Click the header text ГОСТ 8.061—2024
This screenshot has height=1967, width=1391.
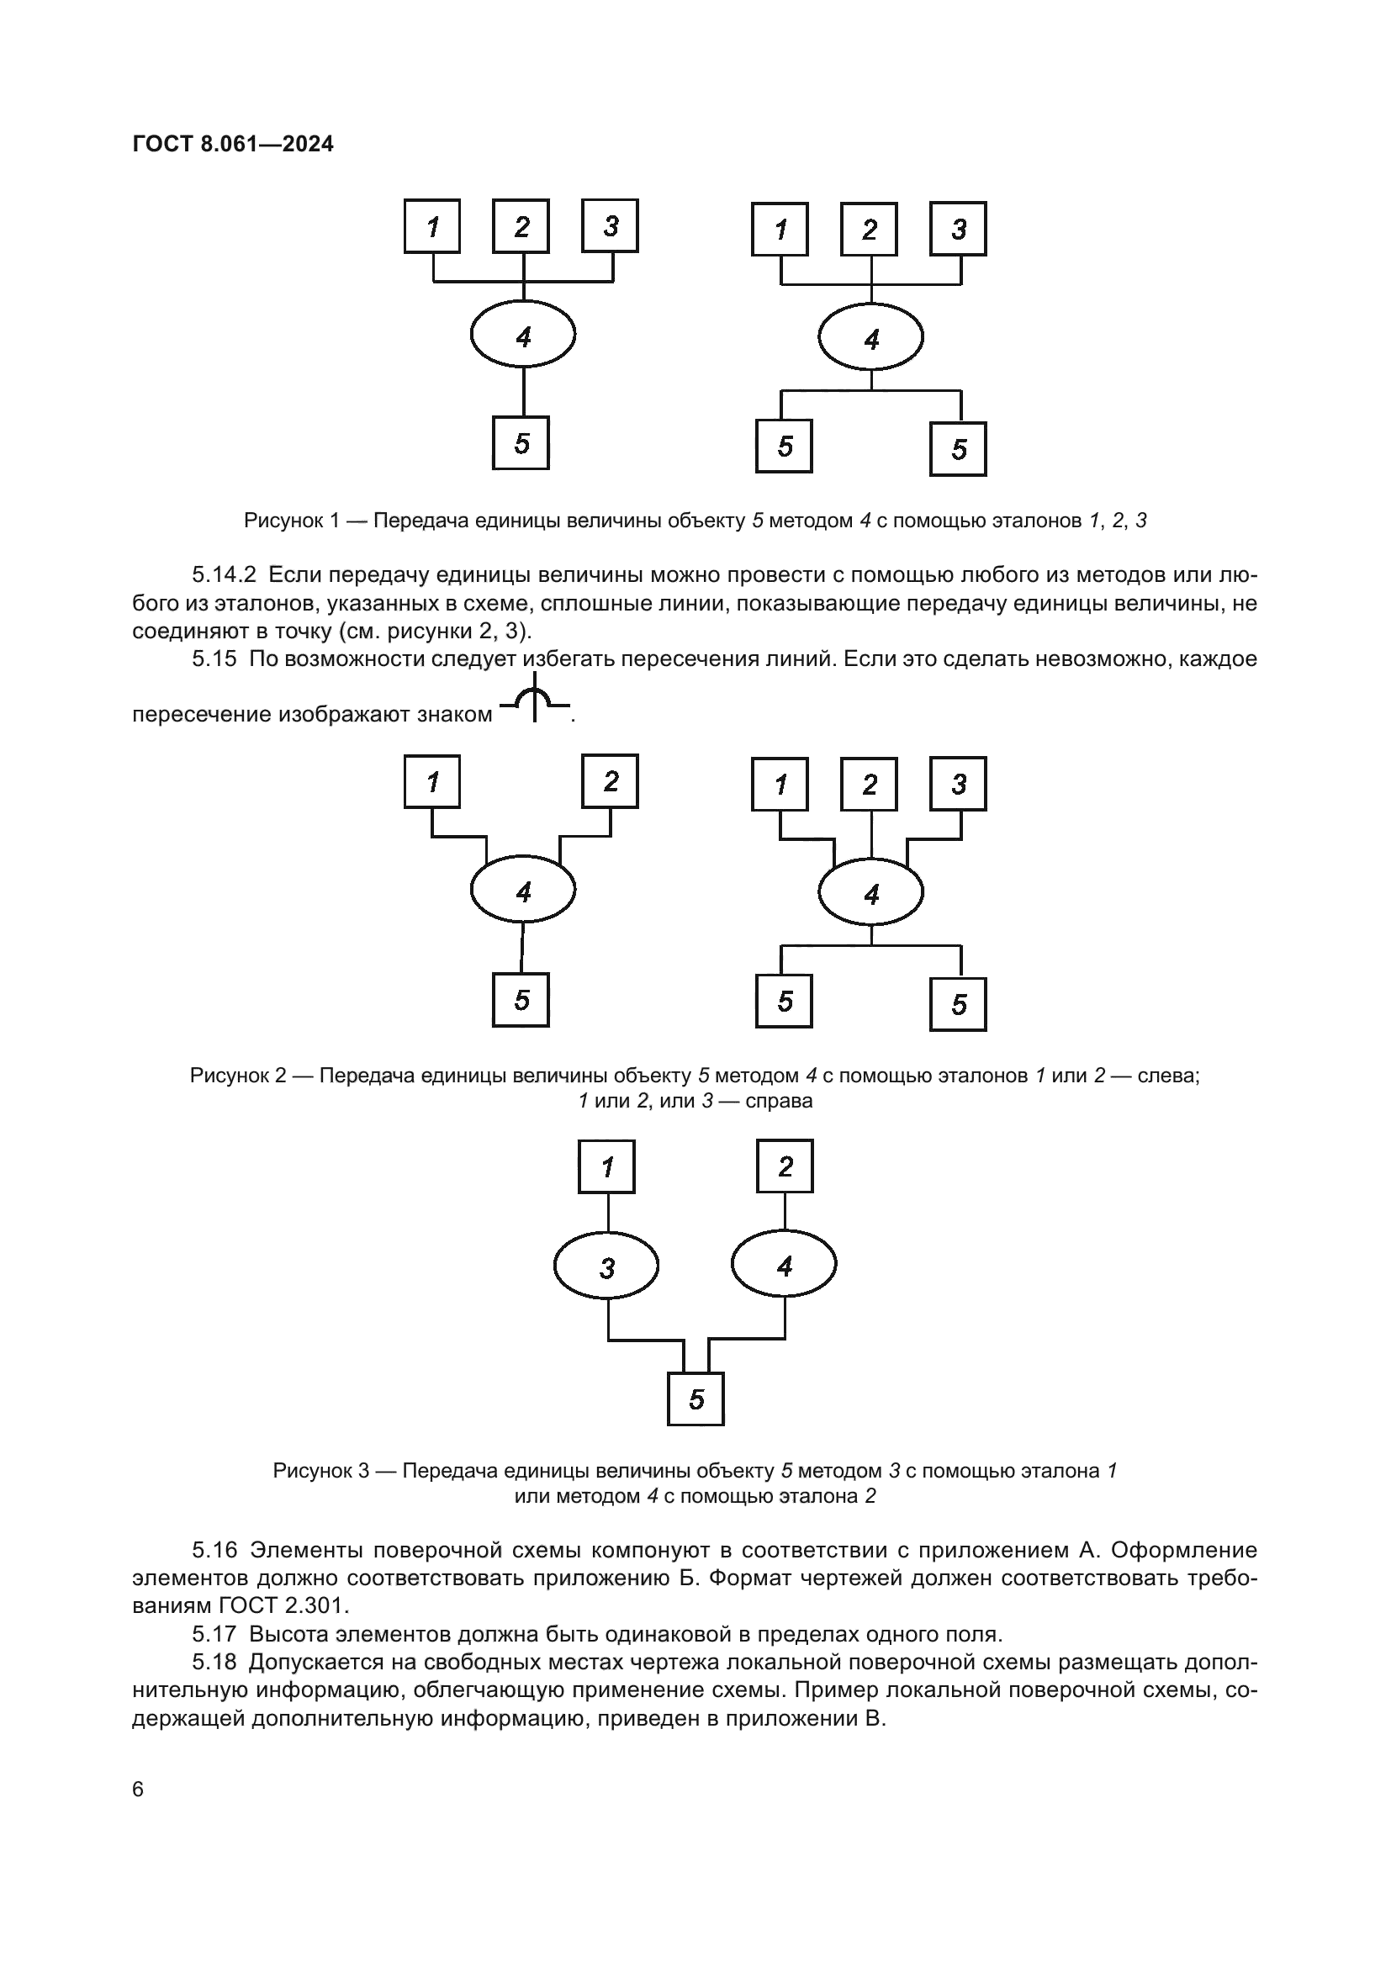(233, 144)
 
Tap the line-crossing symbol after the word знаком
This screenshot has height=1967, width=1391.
(535, 699)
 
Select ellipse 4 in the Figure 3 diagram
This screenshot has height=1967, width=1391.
(784, 1266)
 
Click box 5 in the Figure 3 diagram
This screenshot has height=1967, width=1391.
(695, 1400)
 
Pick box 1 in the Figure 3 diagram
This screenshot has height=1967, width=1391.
(607, 1167)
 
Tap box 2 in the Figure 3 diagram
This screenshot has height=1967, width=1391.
(785, 1166)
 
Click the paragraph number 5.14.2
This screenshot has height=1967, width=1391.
(224, 575)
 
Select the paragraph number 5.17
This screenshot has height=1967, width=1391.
(214, 1635)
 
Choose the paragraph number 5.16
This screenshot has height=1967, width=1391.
(214, 1550)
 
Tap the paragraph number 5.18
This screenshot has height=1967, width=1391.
(214, 1663)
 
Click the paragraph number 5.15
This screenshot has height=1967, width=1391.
(214, 659)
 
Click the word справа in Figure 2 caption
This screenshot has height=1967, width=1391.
(778, 1102)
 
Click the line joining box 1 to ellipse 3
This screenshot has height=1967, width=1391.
(608, 1213)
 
